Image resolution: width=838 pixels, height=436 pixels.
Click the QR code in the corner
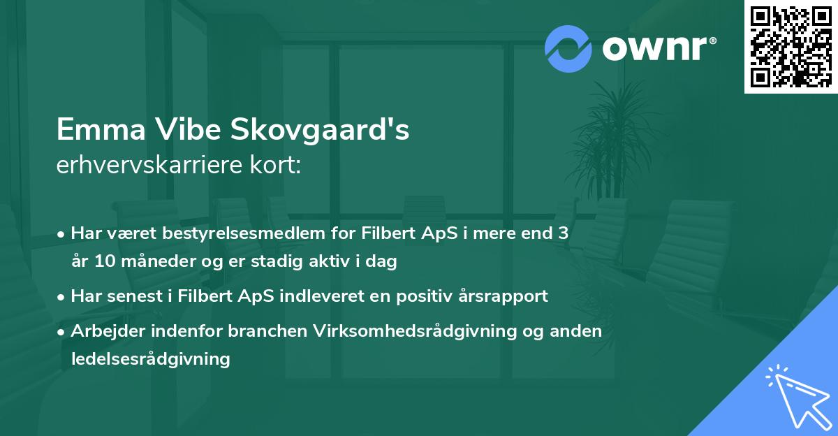(791, 47)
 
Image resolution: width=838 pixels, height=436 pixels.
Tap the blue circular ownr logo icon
(568, 49)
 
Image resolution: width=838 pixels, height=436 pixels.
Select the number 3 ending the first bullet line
(563, 233)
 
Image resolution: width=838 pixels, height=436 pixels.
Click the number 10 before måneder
(104, 262)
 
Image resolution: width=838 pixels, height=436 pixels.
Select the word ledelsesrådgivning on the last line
(150, 359)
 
